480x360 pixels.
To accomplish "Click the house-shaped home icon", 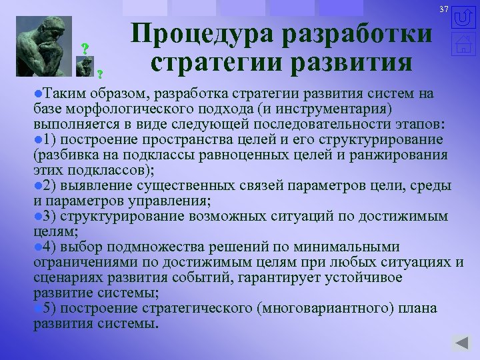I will (x=463, y=45).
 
